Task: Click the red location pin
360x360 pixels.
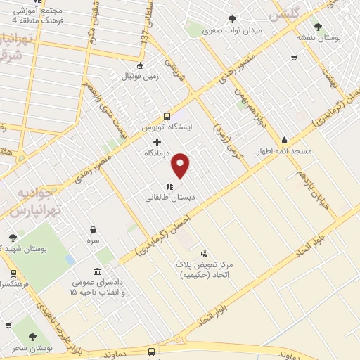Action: [181, 165]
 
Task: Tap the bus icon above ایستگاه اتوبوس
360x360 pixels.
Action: [167, 117]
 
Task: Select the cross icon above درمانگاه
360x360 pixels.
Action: [157, 142]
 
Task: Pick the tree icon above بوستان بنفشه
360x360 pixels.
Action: [318, 27]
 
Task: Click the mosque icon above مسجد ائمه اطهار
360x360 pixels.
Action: [284, 140]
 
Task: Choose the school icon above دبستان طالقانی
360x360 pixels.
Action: [169, 186]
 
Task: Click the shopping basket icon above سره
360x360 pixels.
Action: [94, 229]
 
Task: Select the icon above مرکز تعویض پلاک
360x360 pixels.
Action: [204, 253]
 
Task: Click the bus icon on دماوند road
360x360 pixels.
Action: [151, 352]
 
